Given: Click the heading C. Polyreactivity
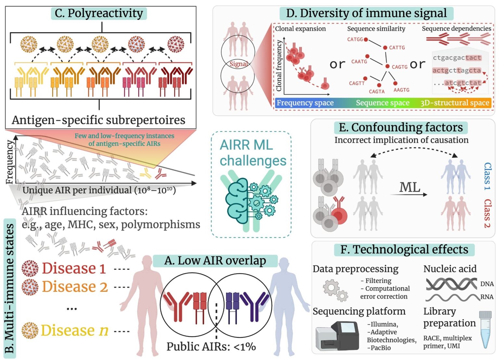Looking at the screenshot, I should [x=99, y=13].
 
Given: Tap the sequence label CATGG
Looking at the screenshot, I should [x=355, y=39].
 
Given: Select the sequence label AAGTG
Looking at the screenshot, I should [x=401, y=90].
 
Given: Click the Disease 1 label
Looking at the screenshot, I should [x=74, y=268].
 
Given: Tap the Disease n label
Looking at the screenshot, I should [x=74, y=330].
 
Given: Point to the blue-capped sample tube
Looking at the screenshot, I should [x=485, y=329].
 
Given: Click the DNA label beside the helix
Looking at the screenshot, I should [x=487, y=284].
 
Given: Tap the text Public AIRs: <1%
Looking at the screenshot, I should [x=211, y=347].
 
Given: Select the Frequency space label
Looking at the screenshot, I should [x=305, y=103].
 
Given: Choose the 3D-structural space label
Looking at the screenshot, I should [x=454, y=103].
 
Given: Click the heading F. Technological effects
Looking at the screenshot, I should [x=404, y=250].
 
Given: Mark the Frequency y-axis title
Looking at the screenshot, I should [x=10, y=162].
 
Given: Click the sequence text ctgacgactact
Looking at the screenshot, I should [x=457, y=58].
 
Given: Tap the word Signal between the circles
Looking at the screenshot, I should [x=238, y=64].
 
